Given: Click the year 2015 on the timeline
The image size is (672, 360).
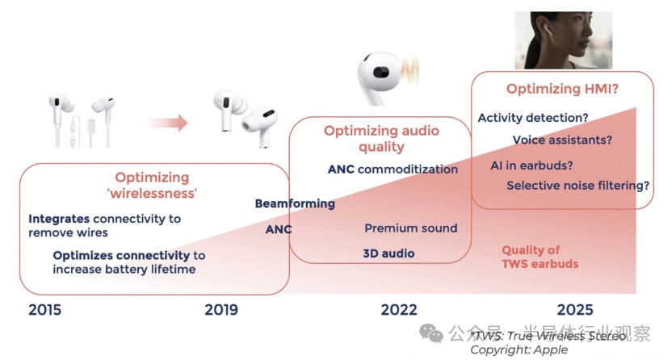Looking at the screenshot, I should point(44,309).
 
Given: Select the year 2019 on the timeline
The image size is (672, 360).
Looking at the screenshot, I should point(221,309).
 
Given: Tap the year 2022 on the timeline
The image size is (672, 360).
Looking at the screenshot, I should point(399,309).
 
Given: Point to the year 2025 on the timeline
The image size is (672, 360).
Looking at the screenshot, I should point(574,309).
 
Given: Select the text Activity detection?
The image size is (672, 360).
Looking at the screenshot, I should point(532,118).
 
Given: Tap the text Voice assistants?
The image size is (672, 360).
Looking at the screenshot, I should point(562,140).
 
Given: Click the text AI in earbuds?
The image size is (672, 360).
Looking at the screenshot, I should point(531,165).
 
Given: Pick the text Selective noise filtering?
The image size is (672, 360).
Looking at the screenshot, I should point(578,186).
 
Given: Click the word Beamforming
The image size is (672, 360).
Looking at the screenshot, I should point(295,203).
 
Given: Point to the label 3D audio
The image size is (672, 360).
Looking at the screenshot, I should point(388,253).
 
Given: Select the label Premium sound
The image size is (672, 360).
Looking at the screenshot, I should point(410,228).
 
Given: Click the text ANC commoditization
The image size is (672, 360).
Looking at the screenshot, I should point(393,170).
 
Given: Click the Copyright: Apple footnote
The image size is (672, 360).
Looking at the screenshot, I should point(519,350).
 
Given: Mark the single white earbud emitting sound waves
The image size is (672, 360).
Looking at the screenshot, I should point(380,76).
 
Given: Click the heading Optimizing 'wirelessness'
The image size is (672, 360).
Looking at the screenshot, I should point(152,185).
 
